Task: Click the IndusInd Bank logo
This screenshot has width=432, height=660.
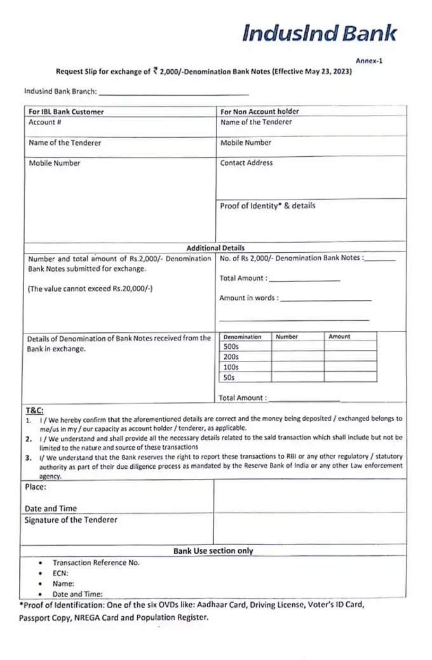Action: click(x=320, y=34)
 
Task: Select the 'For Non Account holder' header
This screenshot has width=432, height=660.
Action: click(x=259, y=112)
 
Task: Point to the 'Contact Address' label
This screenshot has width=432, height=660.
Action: click(x=246, y=163)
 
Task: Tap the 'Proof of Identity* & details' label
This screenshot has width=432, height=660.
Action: click(x=267, y=206)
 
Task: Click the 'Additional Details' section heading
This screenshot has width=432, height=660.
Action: click(x=215, y=248)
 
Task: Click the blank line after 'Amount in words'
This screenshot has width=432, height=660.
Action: click(x=325, y=299)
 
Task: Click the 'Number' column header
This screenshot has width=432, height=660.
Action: click(x=287, y=337)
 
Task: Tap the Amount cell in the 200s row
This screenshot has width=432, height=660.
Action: click(x=350, y=358)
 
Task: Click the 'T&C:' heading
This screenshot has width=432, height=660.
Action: click(x=34, y=410)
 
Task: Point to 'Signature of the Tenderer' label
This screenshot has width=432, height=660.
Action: click(x=71, y=520)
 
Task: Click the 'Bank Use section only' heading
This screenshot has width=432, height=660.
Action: click(x=213, y=551)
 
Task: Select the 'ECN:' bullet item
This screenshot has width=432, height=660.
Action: click(x=61, y=572)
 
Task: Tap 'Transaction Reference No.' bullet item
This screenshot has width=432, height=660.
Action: click(x=96, y=563)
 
